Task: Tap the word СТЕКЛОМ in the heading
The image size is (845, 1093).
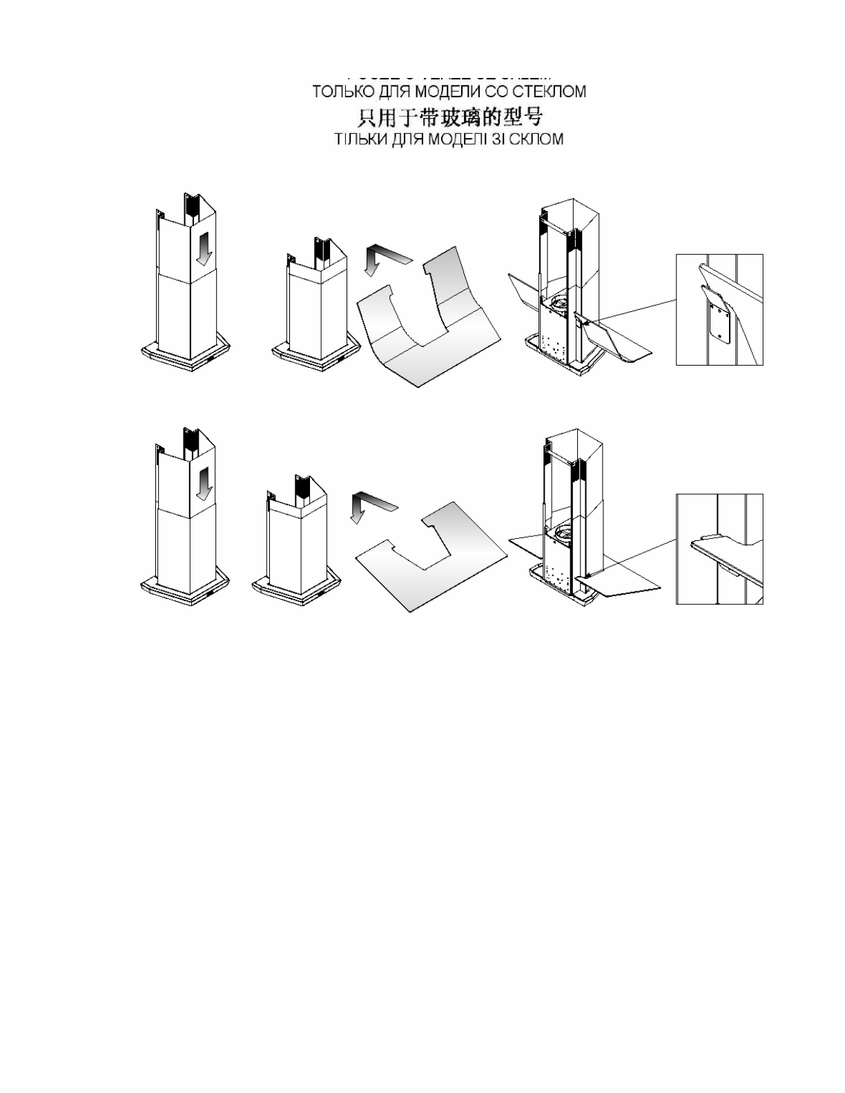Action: (550, 92)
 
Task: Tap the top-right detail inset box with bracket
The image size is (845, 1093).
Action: (719, 308)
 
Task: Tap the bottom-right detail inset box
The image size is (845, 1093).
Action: (719, 549)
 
